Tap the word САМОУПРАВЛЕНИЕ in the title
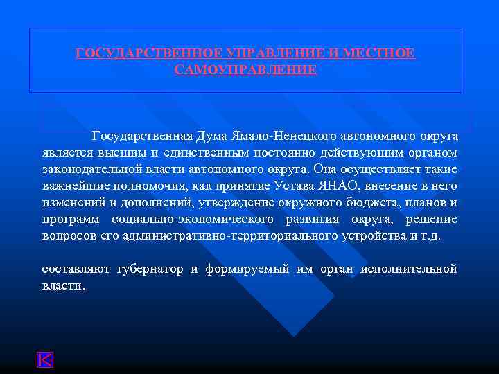[246, 70]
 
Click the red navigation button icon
[45, 360]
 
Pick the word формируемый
[247, 269]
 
